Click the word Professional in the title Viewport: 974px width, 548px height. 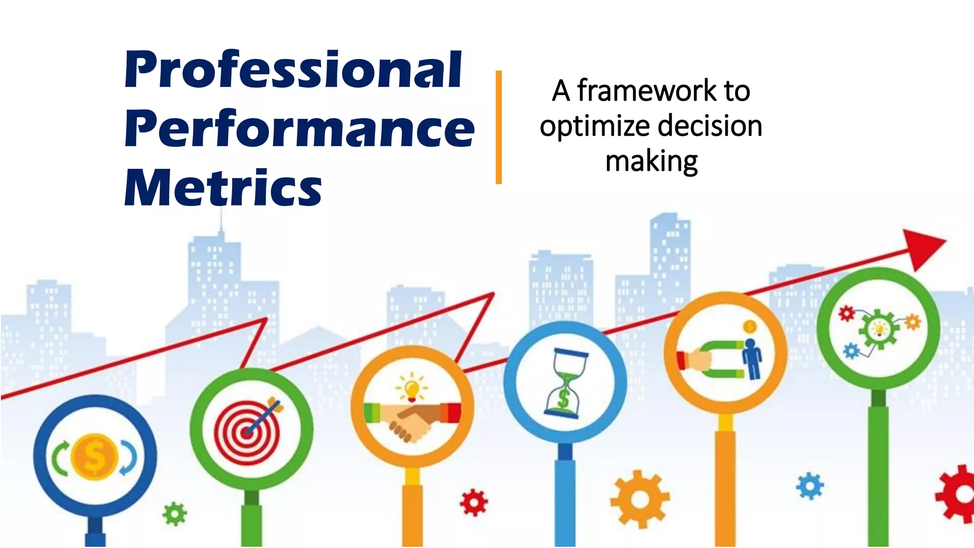click(x=292, y=70)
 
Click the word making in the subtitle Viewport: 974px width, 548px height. click(x=652, y=162)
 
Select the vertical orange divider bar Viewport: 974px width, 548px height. click(x=498, y=127)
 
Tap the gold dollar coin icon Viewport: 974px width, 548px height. click(x=94, y=457)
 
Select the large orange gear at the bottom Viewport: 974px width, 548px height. click(x=640, y=499)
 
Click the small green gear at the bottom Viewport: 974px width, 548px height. click(x=175, y=514)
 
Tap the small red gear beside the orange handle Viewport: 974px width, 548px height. click(x=474, y=502)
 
